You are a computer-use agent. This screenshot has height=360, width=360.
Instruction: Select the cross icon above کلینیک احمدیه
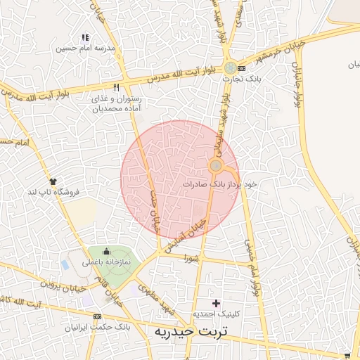[x=217, y=302]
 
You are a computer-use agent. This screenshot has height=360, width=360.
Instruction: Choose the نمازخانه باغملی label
[x=108, y=262]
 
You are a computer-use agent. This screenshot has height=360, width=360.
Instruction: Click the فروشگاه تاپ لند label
[x=53, y=191]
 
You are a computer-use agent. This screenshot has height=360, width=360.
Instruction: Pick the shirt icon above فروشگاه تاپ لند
[x=53, y=180]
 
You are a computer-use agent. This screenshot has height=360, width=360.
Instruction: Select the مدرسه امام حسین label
[x=86, y=49]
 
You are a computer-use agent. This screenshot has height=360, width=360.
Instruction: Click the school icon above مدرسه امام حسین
[x=85, y=37]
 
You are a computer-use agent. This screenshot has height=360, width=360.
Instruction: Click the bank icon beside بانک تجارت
[x=243, y=69]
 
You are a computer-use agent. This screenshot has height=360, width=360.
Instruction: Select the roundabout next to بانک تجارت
[x=231, y=68]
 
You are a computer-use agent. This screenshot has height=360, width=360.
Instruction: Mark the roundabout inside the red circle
[x=216, y=167]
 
